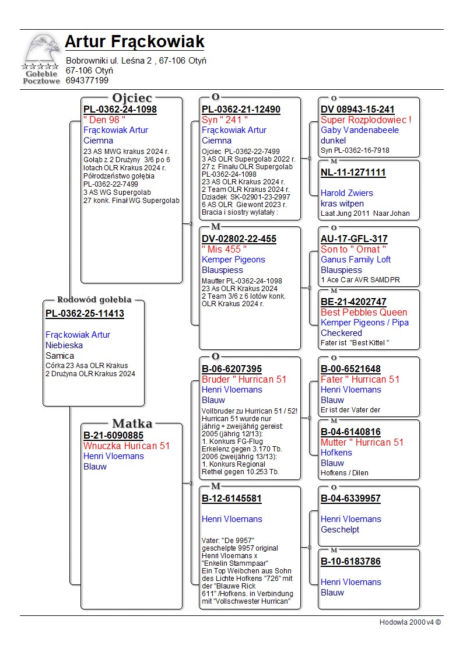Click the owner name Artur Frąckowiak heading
coord(135,42)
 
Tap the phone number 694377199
coord(87,80)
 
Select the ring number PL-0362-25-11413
coord(85,314)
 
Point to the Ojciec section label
coord(132,98)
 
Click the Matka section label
coord(132,424)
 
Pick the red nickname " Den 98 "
coord(104,120)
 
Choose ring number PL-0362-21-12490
coord(241,110)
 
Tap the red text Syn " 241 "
coord(225,120)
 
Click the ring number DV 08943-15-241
coord(357,110)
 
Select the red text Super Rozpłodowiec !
coord(366,120)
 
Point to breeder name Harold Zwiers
coord(347,193)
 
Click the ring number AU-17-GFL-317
coord(354,239)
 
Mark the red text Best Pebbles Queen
coord(364,312)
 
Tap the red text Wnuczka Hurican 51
coord(127,446)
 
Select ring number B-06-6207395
coord(232,369)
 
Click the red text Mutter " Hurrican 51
coord(362,442)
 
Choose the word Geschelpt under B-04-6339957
coord(340,530)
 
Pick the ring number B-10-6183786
coord(350,562)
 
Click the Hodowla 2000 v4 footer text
coord(410,622)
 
